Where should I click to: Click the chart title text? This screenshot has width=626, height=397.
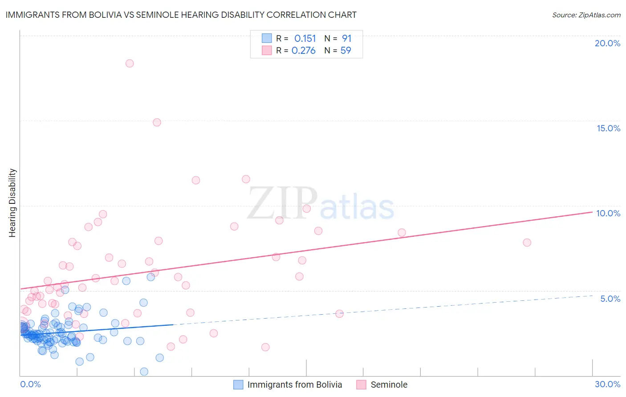coord(181,15)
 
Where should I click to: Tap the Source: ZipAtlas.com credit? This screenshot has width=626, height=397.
coord(586,15)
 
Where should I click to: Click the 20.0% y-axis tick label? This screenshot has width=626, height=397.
coord(607,43)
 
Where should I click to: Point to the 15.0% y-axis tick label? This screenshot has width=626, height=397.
coord(608,128)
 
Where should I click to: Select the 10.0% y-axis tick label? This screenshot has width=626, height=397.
coord(608,213)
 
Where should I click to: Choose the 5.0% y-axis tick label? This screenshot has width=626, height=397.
coord(610,299)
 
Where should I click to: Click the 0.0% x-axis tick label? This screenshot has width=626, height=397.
coord(30,384)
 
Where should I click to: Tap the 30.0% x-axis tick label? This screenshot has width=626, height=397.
coord(607,384)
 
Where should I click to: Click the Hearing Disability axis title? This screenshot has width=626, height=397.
coord(12,203)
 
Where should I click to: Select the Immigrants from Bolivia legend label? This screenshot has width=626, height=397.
coord(294,385)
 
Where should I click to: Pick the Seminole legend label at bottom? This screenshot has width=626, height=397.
coord(389,385)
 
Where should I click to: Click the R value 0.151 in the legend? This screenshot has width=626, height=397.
coord(305,39)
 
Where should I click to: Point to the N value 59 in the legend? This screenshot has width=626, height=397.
coord(346,51)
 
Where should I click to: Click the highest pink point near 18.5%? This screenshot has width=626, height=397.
coord(130,63)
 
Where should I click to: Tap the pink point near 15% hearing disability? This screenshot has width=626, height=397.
coord(157,122)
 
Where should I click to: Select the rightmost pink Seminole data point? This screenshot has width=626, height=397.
coord(527,243)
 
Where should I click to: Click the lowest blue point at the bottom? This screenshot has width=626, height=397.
coord(144,372)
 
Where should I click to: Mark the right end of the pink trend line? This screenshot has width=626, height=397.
coord(592,212)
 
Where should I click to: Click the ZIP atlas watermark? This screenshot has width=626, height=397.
coord(321,204)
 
